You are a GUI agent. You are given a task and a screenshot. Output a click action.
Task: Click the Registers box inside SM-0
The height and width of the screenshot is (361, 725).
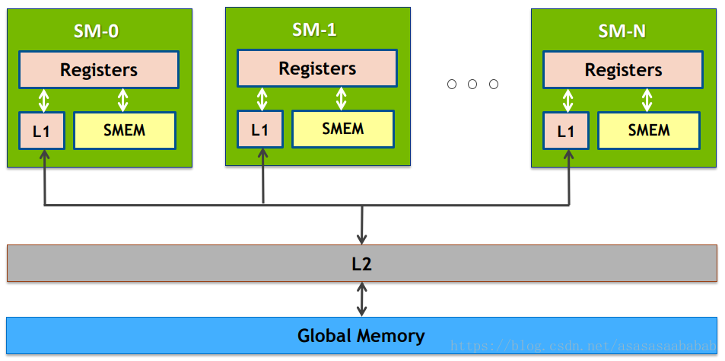tap(99, 70)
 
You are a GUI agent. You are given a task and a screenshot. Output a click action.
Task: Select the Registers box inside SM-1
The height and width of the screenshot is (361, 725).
tap(317, 69)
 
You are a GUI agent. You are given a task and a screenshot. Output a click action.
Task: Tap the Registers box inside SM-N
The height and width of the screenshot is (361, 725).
tap(623, 70)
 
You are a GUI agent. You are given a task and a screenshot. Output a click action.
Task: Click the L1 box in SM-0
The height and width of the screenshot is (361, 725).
tap(42, 131)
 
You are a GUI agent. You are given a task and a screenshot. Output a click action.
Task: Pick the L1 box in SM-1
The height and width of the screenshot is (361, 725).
tap(260, 129)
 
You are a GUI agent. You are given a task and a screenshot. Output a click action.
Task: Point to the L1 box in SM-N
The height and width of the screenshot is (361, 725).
tap(566, 131)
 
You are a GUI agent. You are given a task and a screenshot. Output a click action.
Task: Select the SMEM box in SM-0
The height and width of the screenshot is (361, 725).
tap(125, 130)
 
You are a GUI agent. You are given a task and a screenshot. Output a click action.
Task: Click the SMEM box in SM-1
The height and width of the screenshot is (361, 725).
tap(343, 129)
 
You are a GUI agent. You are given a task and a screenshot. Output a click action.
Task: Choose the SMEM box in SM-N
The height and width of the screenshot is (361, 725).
tap(649, 130)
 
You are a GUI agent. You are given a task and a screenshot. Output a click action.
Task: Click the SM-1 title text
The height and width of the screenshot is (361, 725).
tap(314, 30)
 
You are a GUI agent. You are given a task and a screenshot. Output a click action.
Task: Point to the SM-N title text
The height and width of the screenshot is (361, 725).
tap(622, 31)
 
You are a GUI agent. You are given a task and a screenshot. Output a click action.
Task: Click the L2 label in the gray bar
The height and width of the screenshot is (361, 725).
tap(361, 264)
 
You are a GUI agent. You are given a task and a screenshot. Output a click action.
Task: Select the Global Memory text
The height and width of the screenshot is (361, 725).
tap(361, 336)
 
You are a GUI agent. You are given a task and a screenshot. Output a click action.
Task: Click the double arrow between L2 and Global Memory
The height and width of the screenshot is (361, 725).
tap(362, 299)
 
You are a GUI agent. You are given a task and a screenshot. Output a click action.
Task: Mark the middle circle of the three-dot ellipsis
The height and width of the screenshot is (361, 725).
tap(472, 85)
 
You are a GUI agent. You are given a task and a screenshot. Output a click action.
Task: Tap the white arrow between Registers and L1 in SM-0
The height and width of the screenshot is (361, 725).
tap(44, 101)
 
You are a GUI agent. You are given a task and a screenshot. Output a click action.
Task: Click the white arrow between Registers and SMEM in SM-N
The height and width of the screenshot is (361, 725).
tap(647, 101)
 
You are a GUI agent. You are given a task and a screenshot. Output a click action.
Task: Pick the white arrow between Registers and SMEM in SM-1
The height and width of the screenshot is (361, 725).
tap(342, 99)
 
